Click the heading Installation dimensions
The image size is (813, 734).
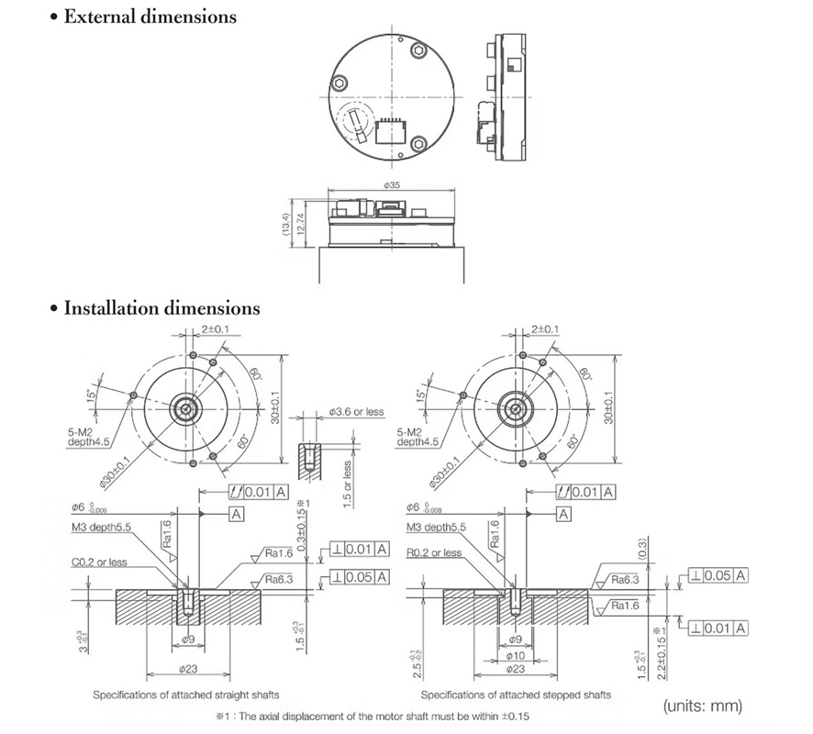point(161,308)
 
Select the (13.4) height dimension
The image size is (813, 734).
point(287,222)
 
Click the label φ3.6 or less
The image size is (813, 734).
point(355,412)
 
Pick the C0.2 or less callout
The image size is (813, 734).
point(99,562)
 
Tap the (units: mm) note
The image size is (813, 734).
point(701,706)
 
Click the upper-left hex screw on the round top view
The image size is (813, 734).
point(340,82)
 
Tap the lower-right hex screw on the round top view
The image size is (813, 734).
point(418,143)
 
